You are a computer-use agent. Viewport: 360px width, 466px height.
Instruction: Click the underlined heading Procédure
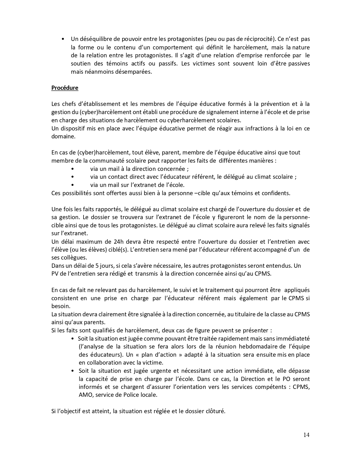click(x=65, y=88)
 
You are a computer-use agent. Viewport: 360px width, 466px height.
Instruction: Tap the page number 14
click(x=306, y=435)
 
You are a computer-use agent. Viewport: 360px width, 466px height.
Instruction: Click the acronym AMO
click(x=85, y=395)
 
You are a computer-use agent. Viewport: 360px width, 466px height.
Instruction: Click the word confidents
click(x=277, y=193)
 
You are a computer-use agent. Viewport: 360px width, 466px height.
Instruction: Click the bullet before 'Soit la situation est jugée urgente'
click(x=73, y=371)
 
